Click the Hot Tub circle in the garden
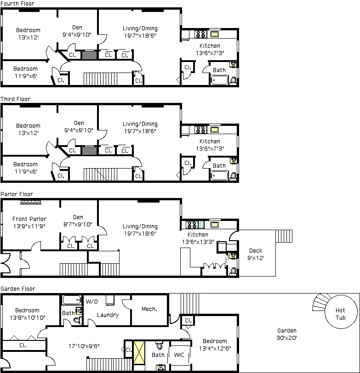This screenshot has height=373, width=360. [326, 312]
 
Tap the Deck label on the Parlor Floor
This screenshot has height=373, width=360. [256, 251]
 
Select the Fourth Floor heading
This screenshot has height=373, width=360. [17, 3]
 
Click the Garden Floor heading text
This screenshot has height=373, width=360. [18, 289]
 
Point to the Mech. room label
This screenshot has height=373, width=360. [149, 309]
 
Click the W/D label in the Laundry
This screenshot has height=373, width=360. [91, 302]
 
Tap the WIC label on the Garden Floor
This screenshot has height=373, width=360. [179, 355]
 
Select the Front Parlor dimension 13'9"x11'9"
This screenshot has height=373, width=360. [29, 226]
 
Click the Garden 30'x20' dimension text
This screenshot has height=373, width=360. [287, 338]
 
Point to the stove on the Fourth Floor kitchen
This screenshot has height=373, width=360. [200, 34]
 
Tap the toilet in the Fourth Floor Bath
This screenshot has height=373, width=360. [234, 80]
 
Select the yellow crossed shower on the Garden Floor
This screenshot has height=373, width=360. [139, 353]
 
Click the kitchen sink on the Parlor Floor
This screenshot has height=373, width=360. [214, 225]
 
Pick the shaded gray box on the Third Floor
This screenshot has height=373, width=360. [89, 151]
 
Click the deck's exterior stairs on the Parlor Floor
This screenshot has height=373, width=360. [284, 236]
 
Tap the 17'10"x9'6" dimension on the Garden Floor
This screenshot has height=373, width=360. [84, 346]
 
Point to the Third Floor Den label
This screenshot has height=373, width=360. [79, 123]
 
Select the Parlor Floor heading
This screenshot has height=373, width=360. [17, 194]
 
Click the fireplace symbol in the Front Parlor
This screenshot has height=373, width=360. [31, 203]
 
